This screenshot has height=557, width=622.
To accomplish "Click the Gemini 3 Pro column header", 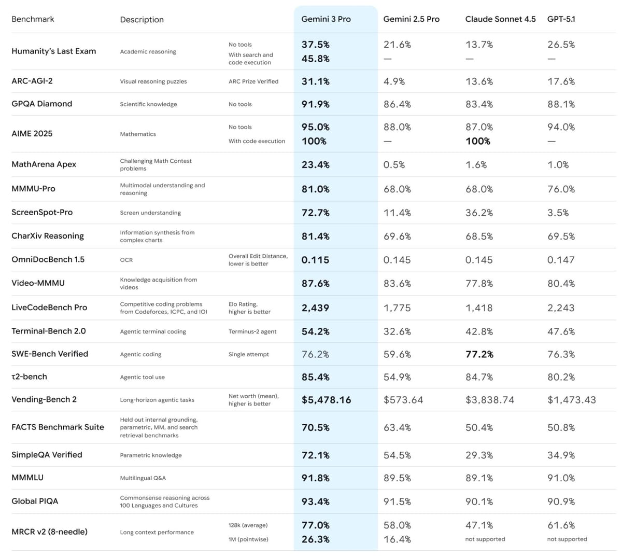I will (326, 19).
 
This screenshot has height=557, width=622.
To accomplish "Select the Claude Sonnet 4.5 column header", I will (500, 19).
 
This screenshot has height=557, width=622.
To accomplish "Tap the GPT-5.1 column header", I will (561, 19).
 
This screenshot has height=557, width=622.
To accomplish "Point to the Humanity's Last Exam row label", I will (53, 51).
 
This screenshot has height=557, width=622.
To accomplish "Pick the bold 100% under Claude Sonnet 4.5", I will (478, 141).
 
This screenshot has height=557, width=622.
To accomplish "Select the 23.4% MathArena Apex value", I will (316, 165).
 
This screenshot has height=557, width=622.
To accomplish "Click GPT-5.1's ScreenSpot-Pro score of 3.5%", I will (558, 213).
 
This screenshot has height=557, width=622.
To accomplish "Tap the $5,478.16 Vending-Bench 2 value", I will (326, 400).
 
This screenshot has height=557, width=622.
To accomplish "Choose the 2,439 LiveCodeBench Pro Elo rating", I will (315, 308).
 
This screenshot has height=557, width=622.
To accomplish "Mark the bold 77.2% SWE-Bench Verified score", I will (479, 354).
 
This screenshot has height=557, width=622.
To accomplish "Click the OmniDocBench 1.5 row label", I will (48, 259).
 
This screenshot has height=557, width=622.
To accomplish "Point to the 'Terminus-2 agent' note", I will (252, 331).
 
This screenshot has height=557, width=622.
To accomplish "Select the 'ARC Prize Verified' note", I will (253, 81).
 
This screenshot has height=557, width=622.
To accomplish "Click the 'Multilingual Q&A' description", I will (143, 478).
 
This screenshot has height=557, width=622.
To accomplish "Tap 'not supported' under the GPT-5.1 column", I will (567, 539).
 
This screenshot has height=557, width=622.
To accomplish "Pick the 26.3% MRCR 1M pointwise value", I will (316, 539).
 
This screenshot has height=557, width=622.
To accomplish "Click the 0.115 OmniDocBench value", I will (315, 260).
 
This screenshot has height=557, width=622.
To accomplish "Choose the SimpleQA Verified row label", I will (47, 455).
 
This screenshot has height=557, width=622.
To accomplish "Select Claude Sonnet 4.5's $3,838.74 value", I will (490, 400).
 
